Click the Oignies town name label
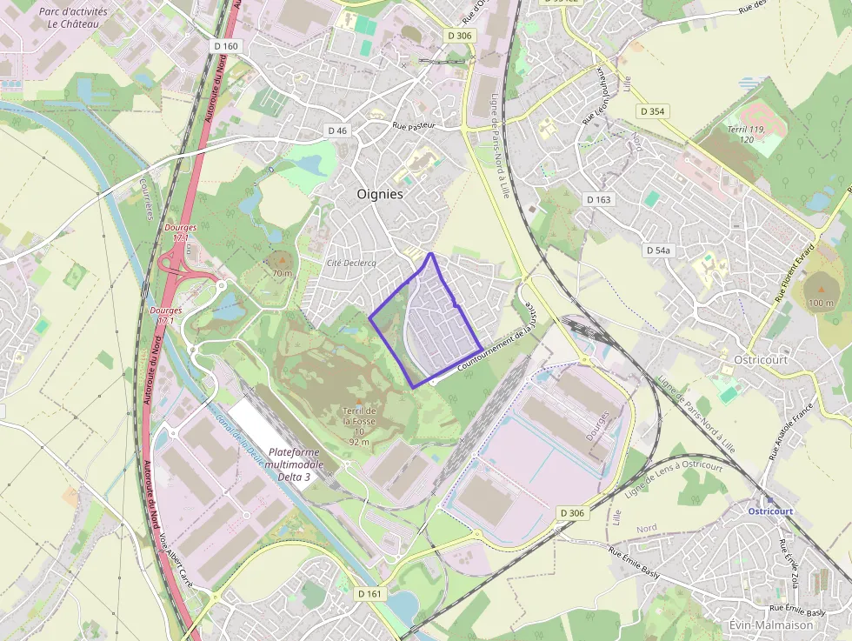click(x=380, y=194)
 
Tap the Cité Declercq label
click(x=346, y=263)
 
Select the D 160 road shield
click(x=224, y=46)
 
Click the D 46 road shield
click(x=337, y=130)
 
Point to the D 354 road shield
click(x=652, y=111)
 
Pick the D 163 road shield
click(x=599, y=199)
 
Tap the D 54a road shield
click(x=659, y=250)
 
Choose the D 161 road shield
click(x=369, y=593)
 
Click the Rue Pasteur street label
click(x=413, y=126)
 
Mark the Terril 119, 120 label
click(x=746, y=134)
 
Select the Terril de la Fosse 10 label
click(x=359, y=425)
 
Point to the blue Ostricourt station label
click(x=770, y=511)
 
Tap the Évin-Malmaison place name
click(x=770, y=624)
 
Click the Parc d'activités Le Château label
click(x=73, y=18)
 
